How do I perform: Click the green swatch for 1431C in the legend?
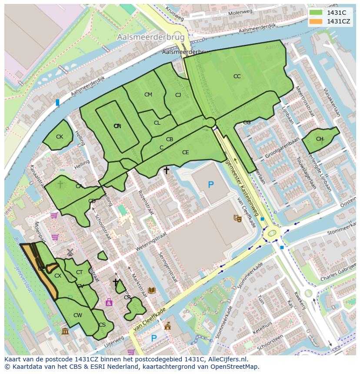[316, 13]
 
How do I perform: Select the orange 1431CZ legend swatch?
[316, 21]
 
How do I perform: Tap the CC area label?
[237, 76]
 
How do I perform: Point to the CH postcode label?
[320, 139]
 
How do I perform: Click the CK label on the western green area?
[60, 137]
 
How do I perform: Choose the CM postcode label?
[148, 95]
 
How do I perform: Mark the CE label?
[186, 152]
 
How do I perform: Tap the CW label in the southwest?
[77, 315]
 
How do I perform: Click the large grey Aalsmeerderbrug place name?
[150, 38]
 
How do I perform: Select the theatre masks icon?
[237, 218]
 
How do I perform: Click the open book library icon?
[152, 290]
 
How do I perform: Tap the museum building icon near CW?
[65, 332]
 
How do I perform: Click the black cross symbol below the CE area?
[166, 171]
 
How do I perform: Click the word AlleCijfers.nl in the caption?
[227, 359]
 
